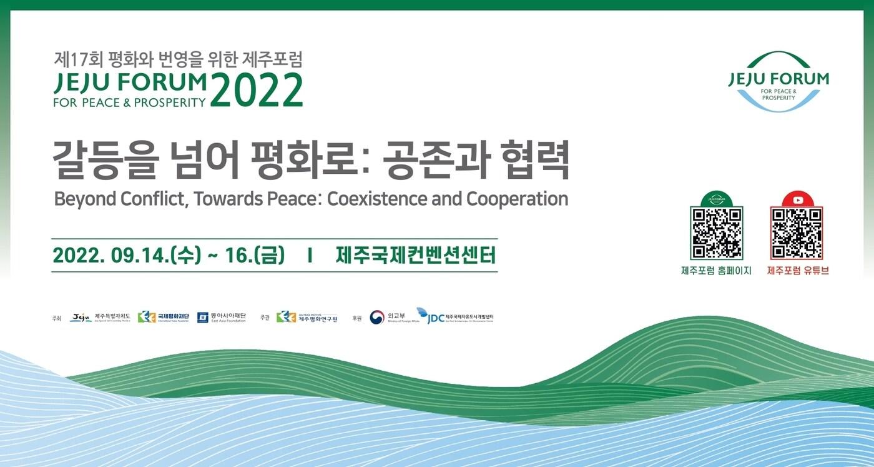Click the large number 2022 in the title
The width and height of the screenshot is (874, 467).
[256, 91]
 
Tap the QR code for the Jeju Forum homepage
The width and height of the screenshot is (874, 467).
[716, 233]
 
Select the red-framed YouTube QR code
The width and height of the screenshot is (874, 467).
[796, 233]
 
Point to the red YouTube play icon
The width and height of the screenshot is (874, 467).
[797, 200]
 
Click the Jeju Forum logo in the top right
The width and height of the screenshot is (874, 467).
[778, 82]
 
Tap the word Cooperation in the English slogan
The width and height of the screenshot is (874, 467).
[517, 199]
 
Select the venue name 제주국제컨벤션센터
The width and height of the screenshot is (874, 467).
[415, 255]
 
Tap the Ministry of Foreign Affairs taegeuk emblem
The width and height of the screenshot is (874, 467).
[376, 318]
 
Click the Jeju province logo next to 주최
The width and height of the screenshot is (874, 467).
[81, 318]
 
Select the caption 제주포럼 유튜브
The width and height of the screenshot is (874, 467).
[797, 271]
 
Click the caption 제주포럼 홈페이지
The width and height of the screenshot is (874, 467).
[716, 271]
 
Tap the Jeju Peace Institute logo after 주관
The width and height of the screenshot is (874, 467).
[307, 318]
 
